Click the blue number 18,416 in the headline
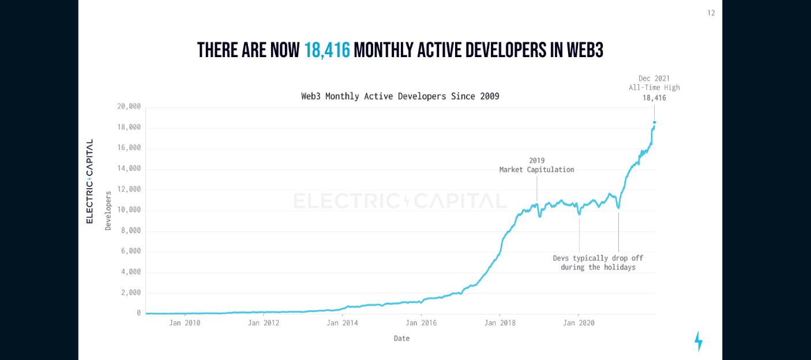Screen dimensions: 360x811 tap(327, 51)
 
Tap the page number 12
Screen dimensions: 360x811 tap(711, 13)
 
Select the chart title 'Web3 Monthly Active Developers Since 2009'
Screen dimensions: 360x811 tap(400, 96)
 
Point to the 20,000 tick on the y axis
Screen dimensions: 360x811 tap(129, 106)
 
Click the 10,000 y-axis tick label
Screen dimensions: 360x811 tap(129, 209)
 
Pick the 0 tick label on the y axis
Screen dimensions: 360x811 tap(138, 313)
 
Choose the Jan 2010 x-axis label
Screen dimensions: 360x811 tap(185, 323)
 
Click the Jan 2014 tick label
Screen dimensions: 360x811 tap(342, 323)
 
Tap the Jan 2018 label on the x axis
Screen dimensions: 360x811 tap(500, 323)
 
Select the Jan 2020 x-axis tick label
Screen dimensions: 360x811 tap(579, 323)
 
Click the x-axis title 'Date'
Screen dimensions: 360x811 tap(401, 339)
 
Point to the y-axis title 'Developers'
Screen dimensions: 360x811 tap(108, 211)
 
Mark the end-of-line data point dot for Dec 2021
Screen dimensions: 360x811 tap(654, 122)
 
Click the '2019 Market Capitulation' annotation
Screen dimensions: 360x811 tap(536, 165)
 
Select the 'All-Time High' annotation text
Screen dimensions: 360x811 tap(654, 88)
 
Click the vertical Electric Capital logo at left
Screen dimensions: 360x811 tap(89, 181)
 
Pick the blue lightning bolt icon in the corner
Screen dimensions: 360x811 tap(698, 341)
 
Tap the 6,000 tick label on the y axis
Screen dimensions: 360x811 tap(130, 251)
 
